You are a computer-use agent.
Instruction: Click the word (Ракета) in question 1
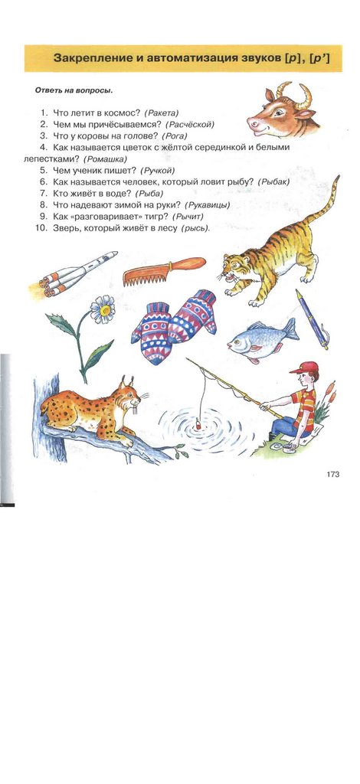161,113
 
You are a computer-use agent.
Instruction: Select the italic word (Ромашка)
105,159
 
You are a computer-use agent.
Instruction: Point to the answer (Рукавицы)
208,205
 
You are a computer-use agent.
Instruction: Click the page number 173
333,474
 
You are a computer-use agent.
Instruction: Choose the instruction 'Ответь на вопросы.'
74,91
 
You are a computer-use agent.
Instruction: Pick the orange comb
164,270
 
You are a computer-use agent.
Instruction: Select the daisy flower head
103,309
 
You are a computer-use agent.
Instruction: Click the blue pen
312,319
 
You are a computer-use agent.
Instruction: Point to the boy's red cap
305,367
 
